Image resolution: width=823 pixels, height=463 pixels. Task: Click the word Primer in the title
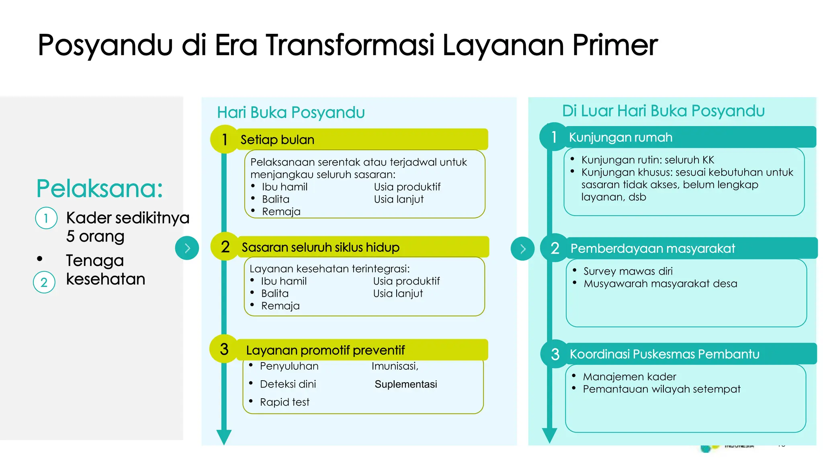(x=615, y=45)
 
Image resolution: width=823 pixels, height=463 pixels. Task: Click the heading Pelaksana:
(x=100, y=188)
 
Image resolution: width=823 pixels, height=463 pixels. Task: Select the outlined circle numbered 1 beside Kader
(x=46, y=218)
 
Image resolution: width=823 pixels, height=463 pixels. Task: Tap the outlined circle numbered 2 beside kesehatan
(x=44, y=282)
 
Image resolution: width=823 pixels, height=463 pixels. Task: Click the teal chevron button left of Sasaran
(x=187, y=248)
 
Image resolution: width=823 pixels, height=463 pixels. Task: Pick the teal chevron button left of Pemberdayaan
(x=522, y=249)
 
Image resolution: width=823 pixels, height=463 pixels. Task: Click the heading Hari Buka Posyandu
(x=291, y=113)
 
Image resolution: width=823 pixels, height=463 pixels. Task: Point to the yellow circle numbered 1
(x=224, y=139)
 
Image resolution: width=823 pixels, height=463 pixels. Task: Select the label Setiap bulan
(x=277, y=140)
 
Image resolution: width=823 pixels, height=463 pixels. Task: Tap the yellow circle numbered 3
(x=224, y=349)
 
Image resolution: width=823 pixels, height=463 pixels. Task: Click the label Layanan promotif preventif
(x=325, y=350)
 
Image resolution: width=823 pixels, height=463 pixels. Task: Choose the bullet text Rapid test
(x=285, y=402)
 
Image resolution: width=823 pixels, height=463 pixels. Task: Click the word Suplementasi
(x=405, y=384)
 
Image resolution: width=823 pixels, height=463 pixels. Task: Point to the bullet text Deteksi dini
(x=288, y=384)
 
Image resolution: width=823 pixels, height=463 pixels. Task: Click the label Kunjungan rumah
(x=620, y=137)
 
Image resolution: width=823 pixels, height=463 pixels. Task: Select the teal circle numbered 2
(x=555, y=248)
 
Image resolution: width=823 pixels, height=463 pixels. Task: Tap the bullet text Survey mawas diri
(x=628, y=271)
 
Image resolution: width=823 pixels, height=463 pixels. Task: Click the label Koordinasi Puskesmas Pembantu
(x=664, y=354)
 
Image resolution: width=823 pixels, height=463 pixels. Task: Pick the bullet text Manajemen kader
(x=629, y=377)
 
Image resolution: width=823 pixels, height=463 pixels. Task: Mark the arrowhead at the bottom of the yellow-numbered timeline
(x=224, y=436)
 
